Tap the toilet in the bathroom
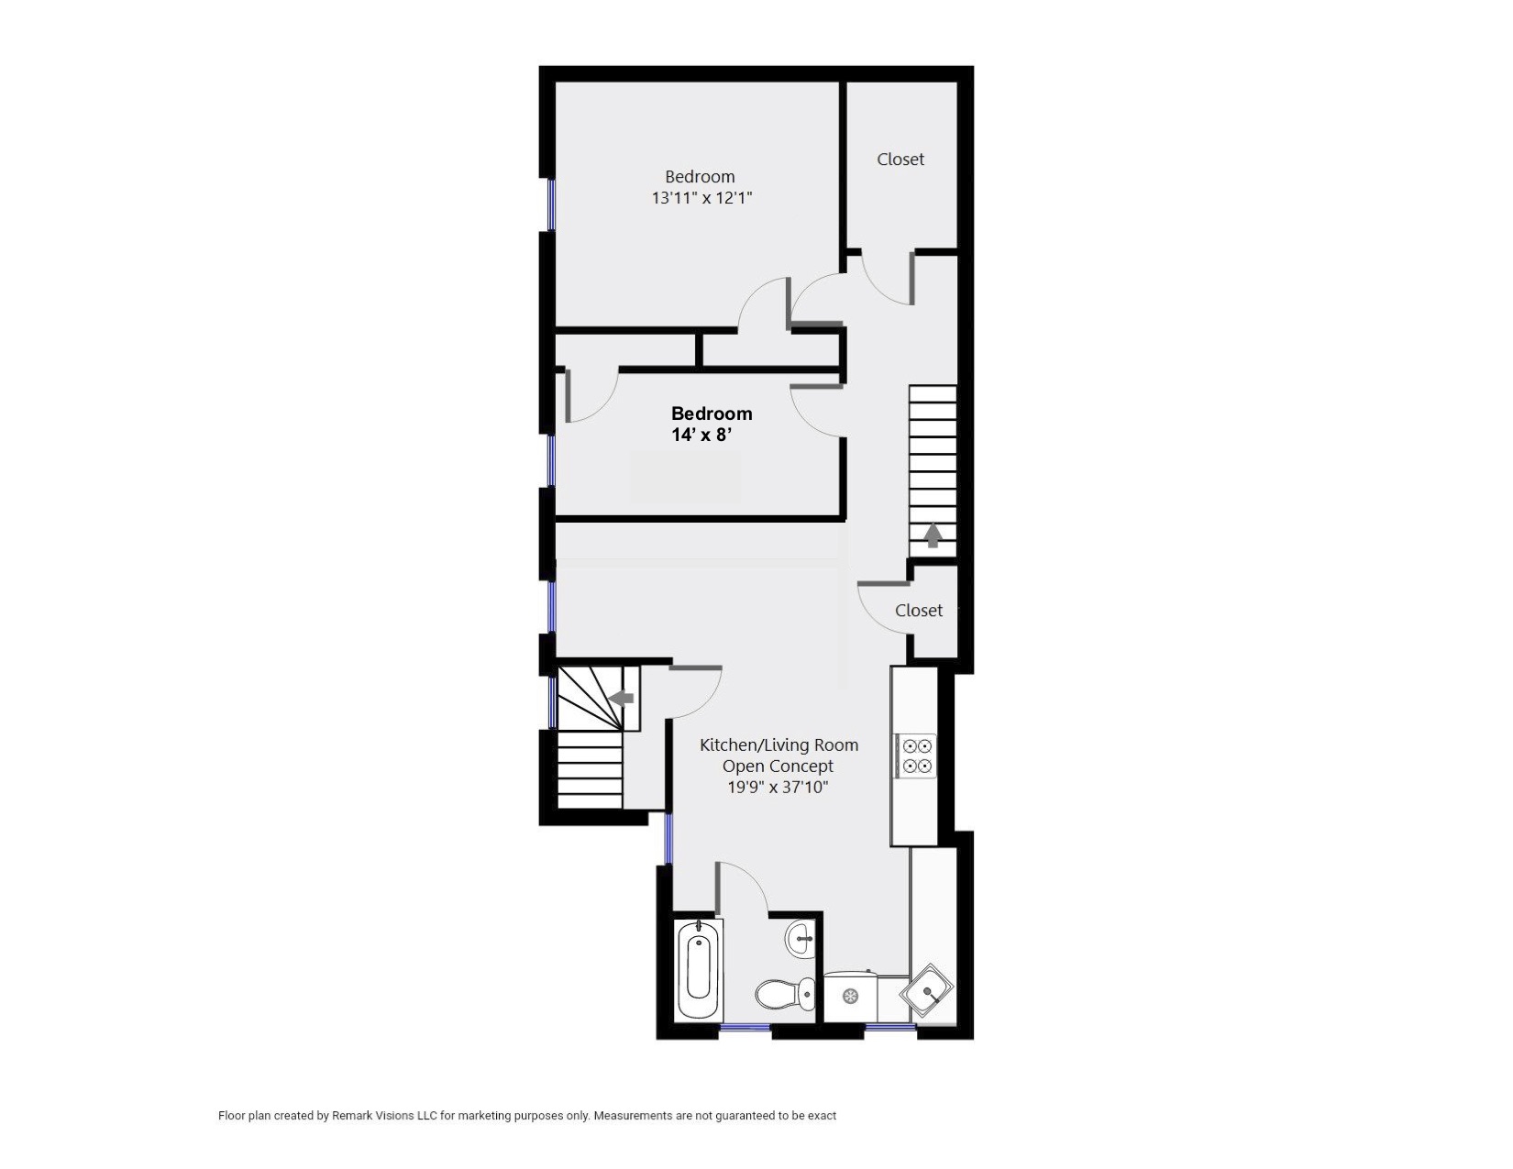[x=786, y=994]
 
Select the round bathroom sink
[x=801, y=939]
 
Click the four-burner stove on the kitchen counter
[x=917, y=756]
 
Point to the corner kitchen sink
[x=927, y=991]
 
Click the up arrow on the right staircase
[x=933, y=535]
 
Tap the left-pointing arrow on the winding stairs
[x=621, y=698]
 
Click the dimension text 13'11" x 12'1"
[x=701, y=198]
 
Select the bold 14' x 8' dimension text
[x=701, y=436]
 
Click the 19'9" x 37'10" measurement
[x=778, y=788]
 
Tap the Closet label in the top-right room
[x=900, y=160]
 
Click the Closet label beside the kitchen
[x=919, y=611]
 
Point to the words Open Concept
[x=778, y=766]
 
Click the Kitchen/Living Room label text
[x=779, y=745]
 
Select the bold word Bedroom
[x=712, y=414]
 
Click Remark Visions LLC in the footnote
[x=383, y=1116]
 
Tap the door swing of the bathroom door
[x=751, y=878]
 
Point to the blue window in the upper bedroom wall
[x=552, y=204]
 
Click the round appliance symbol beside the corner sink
[x=850, y=997]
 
